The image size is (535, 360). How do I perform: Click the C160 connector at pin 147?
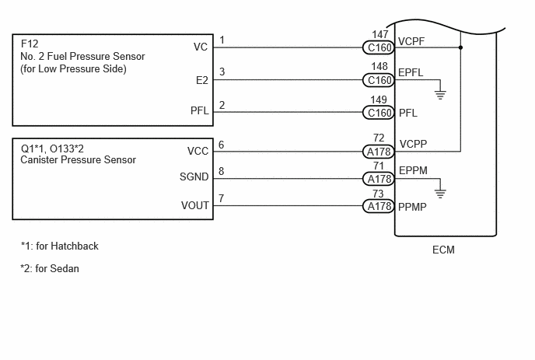(379, 47)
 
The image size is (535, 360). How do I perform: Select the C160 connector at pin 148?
(379, 80)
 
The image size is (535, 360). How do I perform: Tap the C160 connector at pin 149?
(379, 113)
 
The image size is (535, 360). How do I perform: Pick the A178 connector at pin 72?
(379, 152)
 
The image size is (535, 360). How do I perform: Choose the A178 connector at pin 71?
(379, 179)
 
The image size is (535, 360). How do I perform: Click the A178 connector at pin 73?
(379, 206)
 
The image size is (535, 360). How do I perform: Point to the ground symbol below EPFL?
(440, 95)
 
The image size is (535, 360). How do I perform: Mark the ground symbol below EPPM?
(440, 194)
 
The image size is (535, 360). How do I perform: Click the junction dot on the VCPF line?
(460, 47)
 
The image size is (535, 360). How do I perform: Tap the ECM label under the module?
(443, 250)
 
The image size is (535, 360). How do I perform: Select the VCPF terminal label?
(411, 41)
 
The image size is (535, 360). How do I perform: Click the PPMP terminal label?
(412, 207)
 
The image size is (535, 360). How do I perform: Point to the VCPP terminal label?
(413, 144)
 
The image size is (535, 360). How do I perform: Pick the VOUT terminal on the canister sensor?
(195, 205)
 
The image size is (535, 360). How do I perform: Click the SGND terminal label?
(194, 177)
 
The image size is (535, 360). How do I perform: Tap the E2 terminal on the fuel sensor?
(202, 80)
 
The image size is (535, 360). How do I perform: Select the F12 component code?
(30, 44)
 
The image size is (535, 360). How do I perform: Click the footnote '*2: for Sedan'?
(50, 268)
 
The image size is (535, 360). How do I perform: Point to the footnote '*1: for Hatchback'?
(59, 246)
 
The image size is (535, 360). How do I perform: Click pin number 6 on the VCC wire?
(222, 145)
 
